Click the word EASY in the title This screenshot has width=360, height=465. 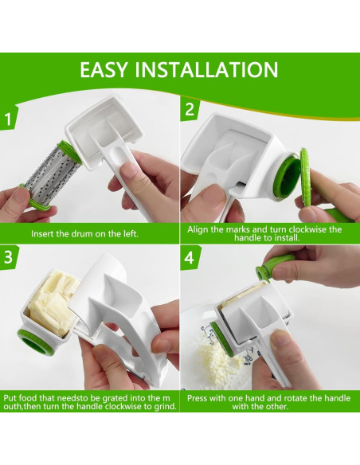104,70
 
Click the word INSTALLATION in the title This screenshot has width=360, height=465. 206,70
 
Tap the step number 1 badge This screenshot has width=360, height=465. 8,119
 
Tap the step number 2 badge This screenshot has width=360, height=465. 190,109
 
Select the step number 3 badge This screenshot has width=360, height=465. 8,257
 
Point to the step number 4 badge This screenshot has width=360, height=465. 190,257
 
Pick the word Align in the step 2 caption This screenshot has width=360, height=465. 198,229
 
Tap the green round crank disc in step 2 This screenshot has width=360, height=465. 304,178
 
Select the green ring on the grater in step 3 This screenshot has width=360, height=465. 35,342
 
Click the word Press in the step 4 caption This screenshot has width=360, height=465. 198,398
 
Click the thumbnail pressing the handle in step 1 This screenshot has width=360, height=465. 131,171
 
